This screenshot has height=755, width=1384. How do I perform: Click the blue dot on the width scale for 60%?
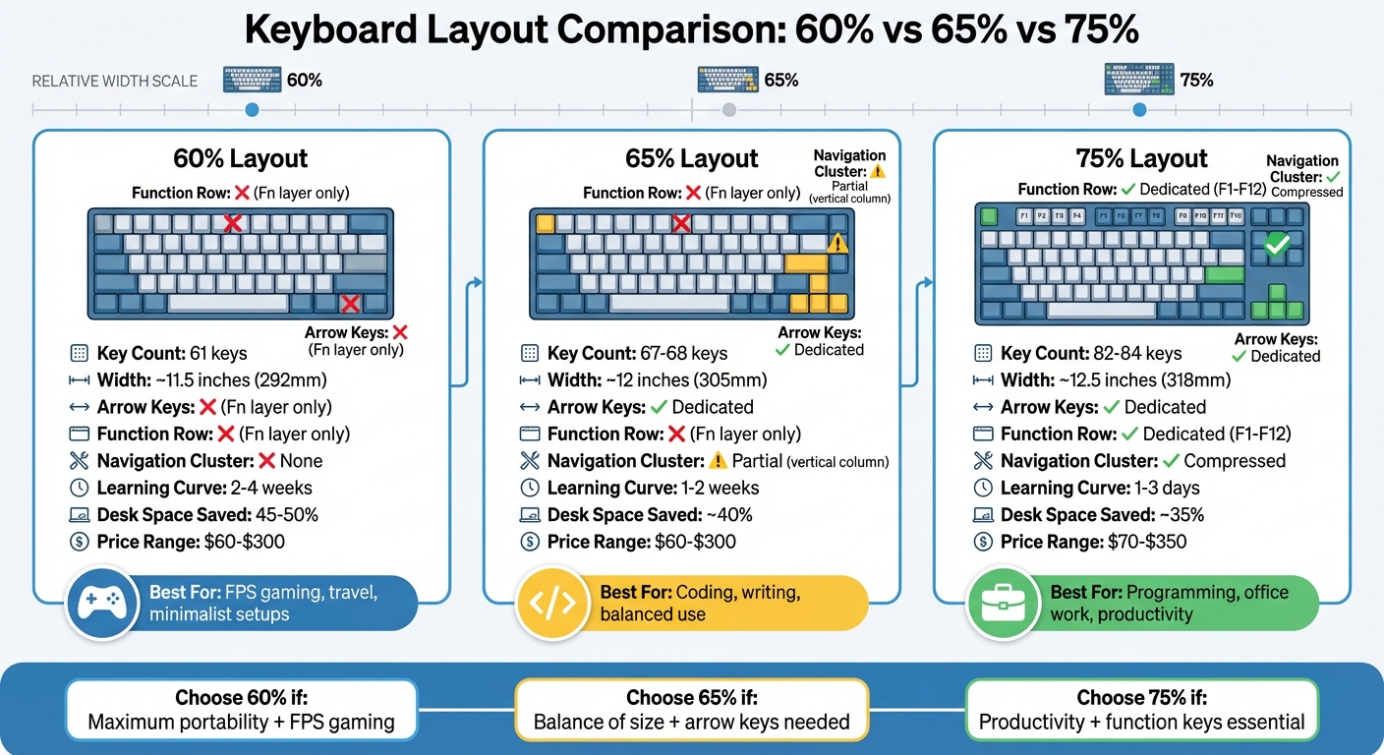click(252, 110)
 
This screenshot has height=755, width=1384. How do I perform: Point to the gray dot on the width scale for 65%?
click(728, 110)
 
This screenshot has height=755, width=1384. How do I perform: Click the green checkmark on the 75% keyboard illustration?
click(1276, 244)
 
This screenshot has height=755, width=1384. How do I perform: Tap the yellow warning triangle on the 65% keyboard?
click(837, 242)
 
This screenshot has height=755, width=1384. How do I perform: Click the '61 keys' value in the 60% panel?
click(217, 353)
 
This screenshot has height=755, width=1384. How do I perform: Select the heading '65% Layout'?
click(691, 159)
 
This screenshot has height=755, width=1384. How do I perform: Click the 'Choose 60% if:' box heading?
click(242, 698)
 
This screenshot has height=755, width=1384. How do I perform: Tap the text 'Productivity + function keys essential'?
click(1142, 723)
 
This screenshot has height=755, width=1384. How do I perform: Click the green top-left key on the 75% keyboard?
click(990, 216)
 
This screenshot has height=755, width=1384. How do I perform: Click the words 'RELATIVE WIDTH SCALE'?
click(115, 81)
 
